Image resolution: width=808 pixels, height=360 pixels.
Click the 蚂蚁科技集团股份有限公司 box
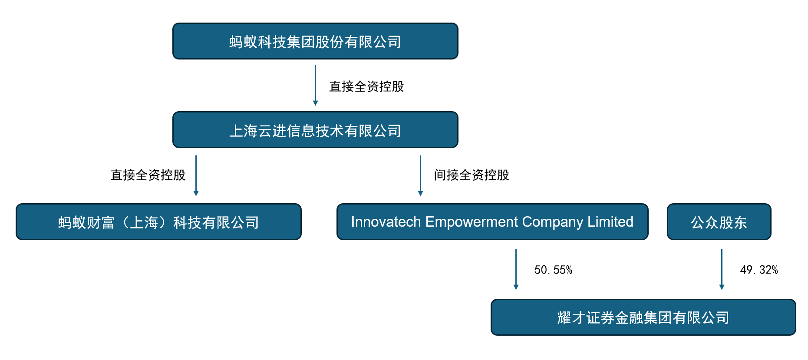(315, 41)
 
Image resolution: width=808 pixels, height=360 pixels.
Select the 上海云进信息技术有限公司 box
(315, 130)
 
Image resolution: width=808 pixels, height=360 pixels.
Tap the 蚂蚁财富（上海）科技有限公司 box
(158, 222)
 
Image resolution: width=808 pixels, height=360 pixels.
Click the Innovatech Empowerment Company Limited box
(492, 222)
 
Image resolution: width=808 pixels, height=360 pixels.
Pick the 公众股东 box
(719, 222)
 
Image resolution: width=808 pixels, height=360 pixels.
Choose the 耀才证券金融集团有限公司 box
(643, 317)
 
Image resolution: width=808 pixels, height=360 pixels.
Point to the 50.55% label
(553, 270)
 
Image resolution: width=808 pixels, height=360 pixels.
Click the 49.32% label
(759, 270)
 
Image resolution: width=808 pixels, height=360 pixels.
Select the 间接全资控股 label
(472, 175)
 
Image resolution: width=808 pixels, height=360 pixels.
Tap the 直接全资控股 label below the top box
(366, 86)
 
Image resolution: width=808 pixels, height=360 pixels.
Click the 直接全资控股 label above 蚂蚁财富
(148, 175)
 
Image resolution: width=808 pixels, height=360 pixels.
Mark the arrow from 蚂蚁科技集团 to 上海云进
(315, 85)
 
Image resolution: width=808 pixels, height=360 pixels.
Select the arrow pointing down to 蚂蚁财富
(196, 175)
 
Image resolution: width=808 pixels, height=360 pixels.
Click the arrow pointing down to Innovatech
(420, 175)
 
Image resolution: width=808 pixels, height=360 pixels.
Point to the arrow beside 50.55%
(516, 269)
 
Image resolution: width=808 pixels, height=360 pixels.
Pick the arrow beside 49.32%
(722, 269)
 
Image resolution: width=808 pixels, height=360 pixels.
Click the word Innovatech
(386, 222)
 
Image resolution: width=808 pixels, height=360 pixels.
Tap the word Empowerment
(472, 222)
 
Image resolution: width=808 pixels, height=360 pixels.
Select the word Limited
(610, 222)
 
